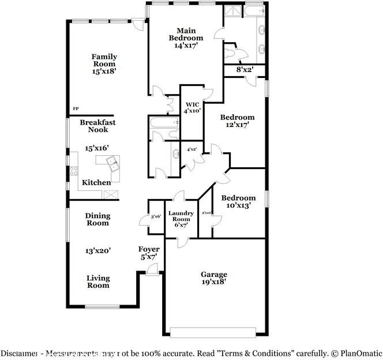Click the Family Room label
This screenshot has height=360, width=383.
[104, 61]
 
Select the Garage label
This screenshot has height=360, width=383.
[213, 275]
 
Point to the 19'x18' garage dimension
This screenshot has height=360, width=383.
[213, 283]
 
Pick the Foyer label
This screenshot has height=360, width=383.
[148, 249]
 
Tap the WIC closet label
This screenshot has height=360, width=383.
[191, 104]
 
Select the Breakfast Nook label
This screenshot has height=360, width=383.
[97, 126]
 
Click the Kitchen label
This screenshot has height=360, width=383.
[96, 183]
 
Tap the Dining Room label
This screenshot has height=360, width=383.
[97, 220]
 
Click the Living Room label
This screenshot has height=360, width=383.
[98, 282]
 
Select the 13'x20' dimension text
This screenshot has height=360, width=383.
[98, 251]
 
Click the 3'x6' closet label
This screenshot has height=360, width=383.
[156, 216]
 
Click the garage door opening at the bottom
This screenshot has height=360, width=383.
[213, 331]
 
